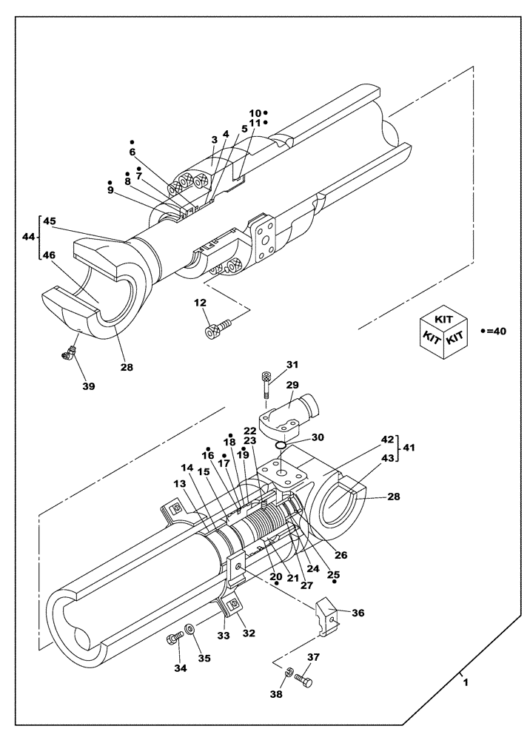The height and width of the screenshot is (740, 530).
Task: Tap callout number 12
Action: coord(200,303)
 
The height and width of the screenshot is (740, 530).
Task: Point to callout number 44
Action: coord(27,238)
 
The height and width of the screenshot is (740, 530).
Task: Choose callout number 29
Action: coord(292,386)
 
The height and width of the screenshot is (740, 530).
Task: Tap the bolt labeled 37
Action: coord(301,677)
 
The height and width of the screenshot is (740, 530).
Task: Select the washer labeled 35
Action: coord(190,628)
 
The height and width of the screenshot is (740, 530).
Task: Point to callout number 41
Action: coord(407,448)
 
